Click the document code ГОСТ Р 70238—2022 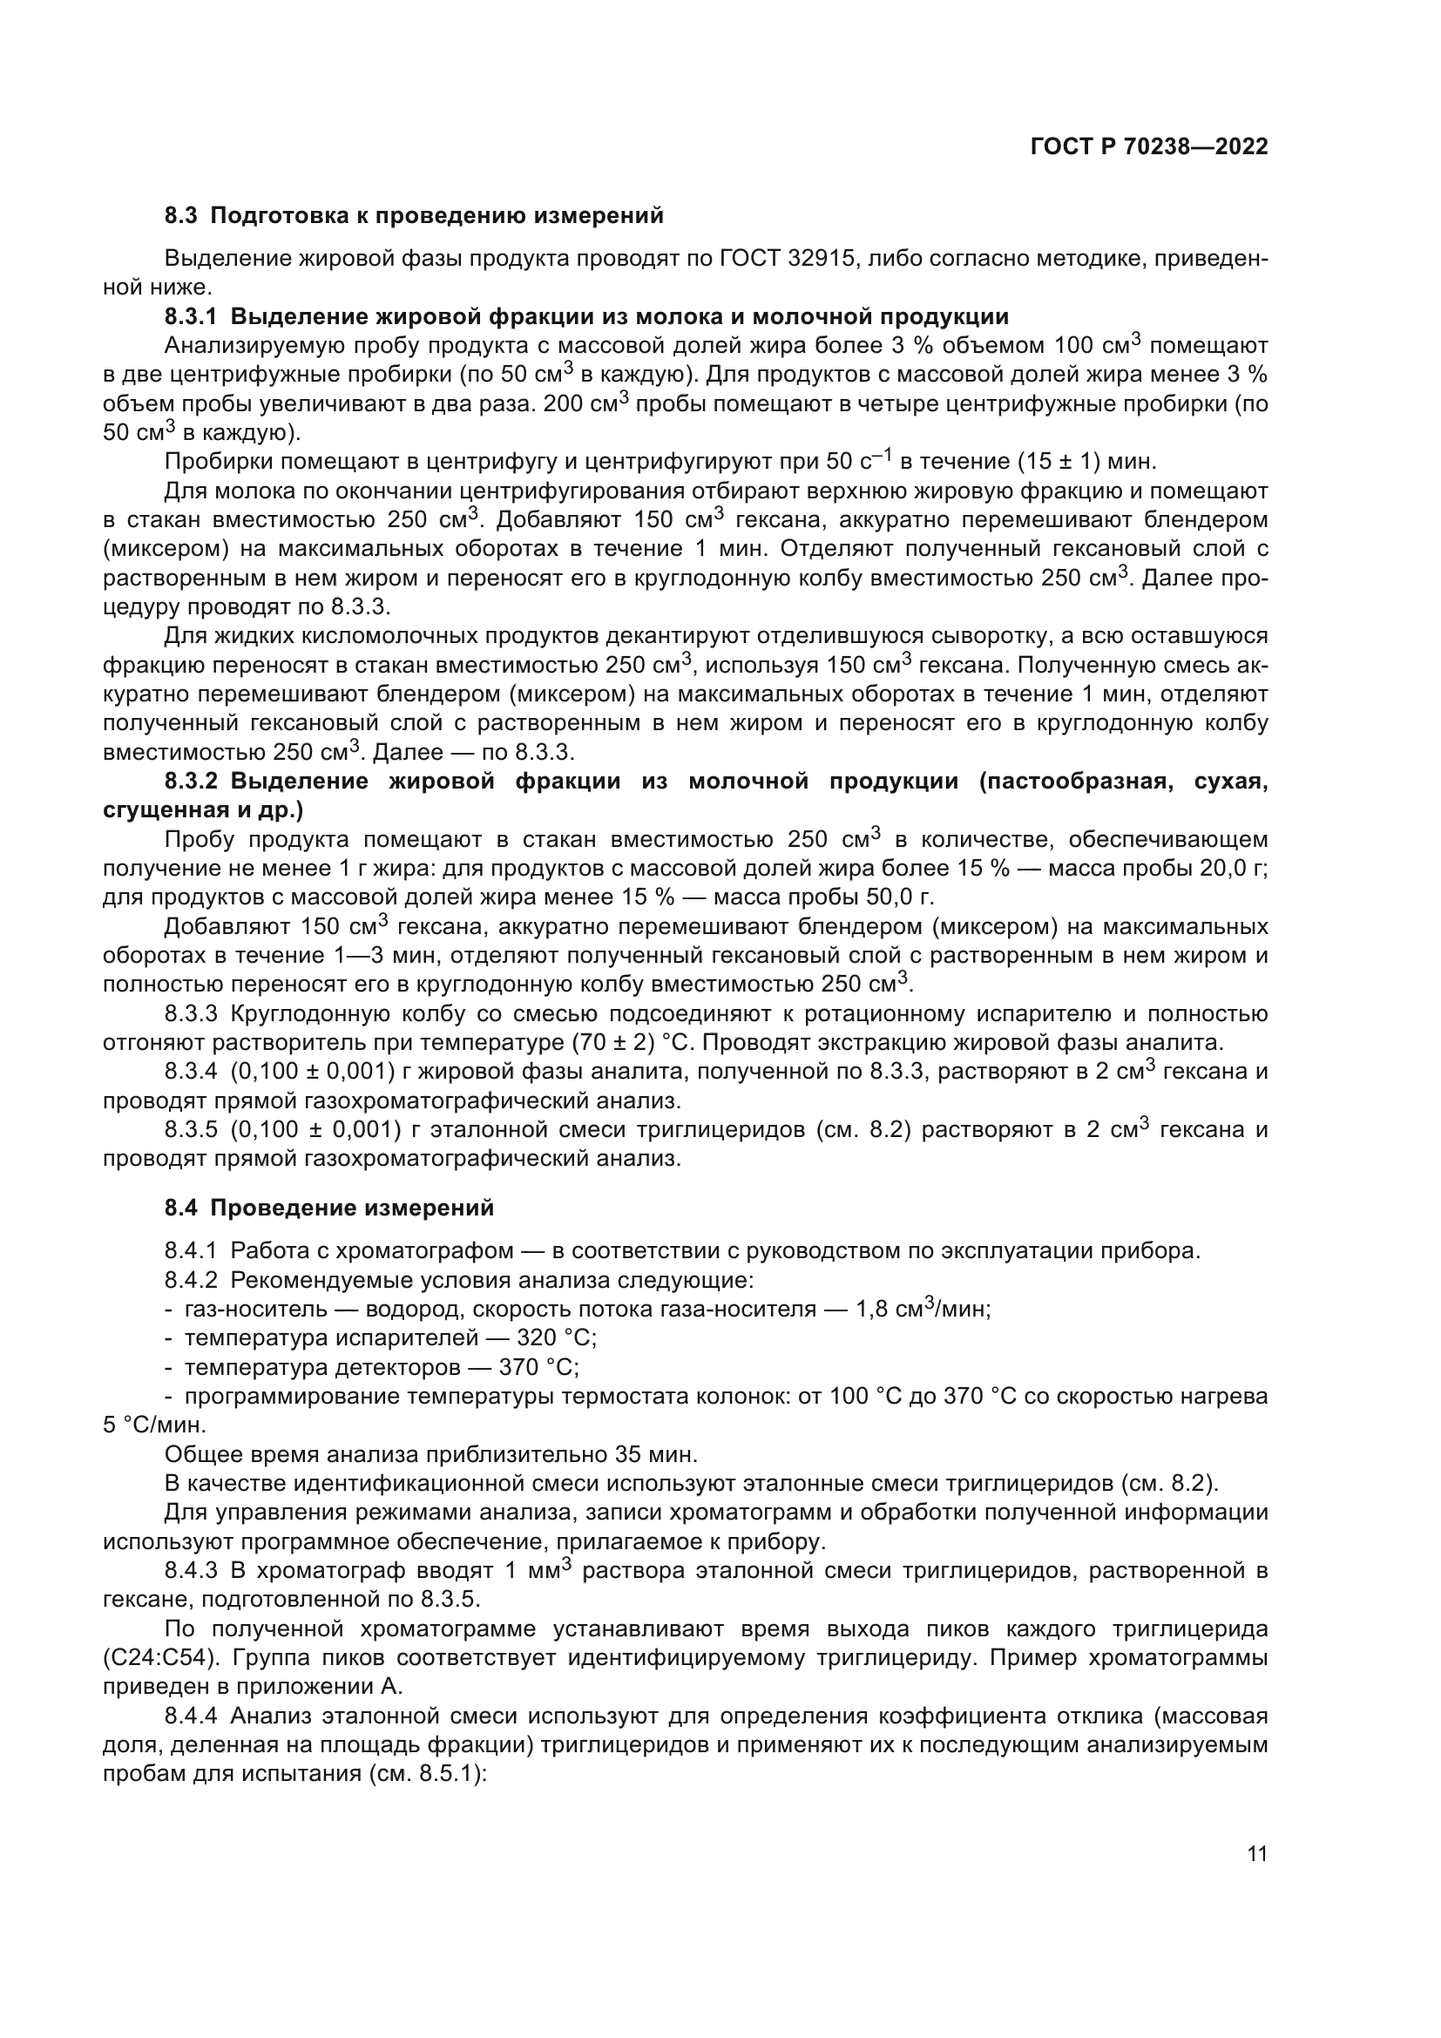[x=1149, y=146]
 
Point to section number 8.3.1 [x=191, y=316]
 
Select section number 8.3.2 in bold [x=191, y=781]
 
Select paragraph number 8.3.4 [x=191, y=1072]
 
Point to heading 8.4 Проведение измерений [x=329, y=1207]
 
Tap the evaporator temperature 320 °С [x=557, y=1337]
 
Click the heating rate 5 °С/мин [x=154, y=1425]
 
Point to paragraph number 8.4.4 [x=191, y=1716]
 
